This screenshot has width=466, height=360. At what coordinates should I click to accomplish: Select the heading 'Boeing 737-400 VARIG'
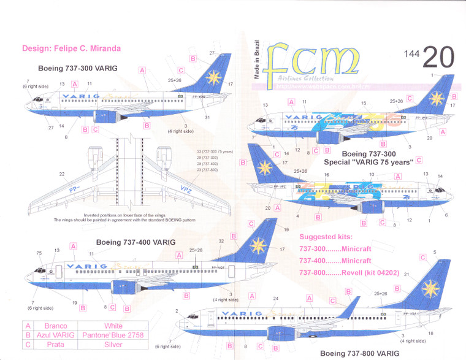pos(136,242)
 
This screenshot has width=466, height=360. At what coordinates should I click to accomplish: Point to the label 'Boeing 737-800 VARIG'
pos(359,354)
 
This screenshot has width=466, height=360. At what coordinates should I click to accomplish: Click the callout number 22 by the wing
pos(61,174)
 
